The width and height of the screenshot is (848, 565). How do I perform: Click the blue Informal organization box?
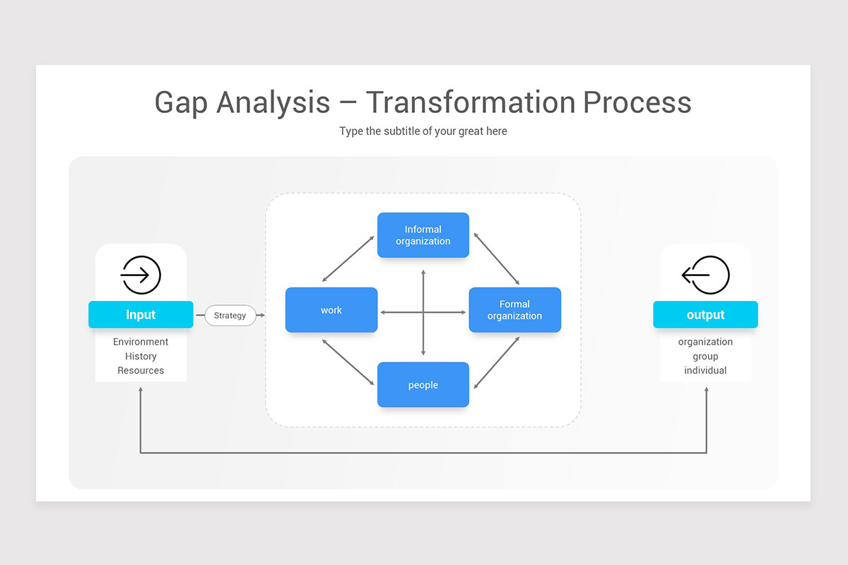pyautogui.click(x=423, y=235)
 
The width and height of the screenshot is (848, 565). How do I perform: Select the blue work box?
pyautogui.click(x=331, y=310)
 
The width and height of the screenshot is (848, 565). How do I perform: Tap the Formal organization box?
pyautogui.click(x=514, y=310)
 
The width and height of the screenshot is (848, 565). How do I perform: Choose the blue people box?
pyautogui.click(x=423, y=385)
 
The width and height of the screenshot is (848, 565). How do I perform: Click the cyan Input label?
pyautogui.click(x=141, y=315)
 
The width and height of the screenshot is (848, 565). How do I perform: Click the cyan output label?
pyautogui.click(x=705, y=315)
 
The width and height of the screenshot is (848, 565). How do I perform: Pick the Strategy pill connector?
pyautogui.click(x=230, y=315)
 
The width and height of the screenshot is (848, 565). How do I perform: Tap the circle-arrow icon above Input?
pyautogui.click(x=141, y=275)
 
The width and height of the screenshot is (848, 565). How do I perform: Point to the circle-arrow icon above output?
pyautogui.click(x=705, y=275)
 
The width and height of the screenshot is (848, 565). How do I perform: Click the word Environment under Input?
pyautogui.click(x=141, y=342)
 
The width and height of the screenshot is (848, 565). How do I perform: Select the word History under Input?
pyautogui.click(x=141, y=356)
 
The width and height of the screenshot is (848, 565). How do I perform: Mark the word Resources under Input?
pyautogui.click(x=141, y=370)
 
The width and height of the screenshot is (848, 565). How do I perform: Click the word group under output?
pyautogui.click(x=705, y=356)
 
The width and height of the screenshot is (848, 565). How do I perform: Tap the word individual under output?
pyautogui.click(x=705, y=370)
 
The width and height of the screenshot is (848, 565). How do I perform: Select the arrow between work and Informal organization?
pyautogui.click(x=348, y=259)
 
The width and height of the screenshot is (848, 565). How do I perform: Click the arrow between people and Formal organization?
pyautogui.click(x=497, y=362)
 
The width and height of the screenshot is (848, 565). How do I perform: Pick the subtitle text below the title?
pyautogui.click(x=423, y=131)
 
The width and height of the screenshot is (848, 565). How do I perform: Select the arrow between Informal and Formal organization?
pyautogui.click(x=497, y=259)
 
